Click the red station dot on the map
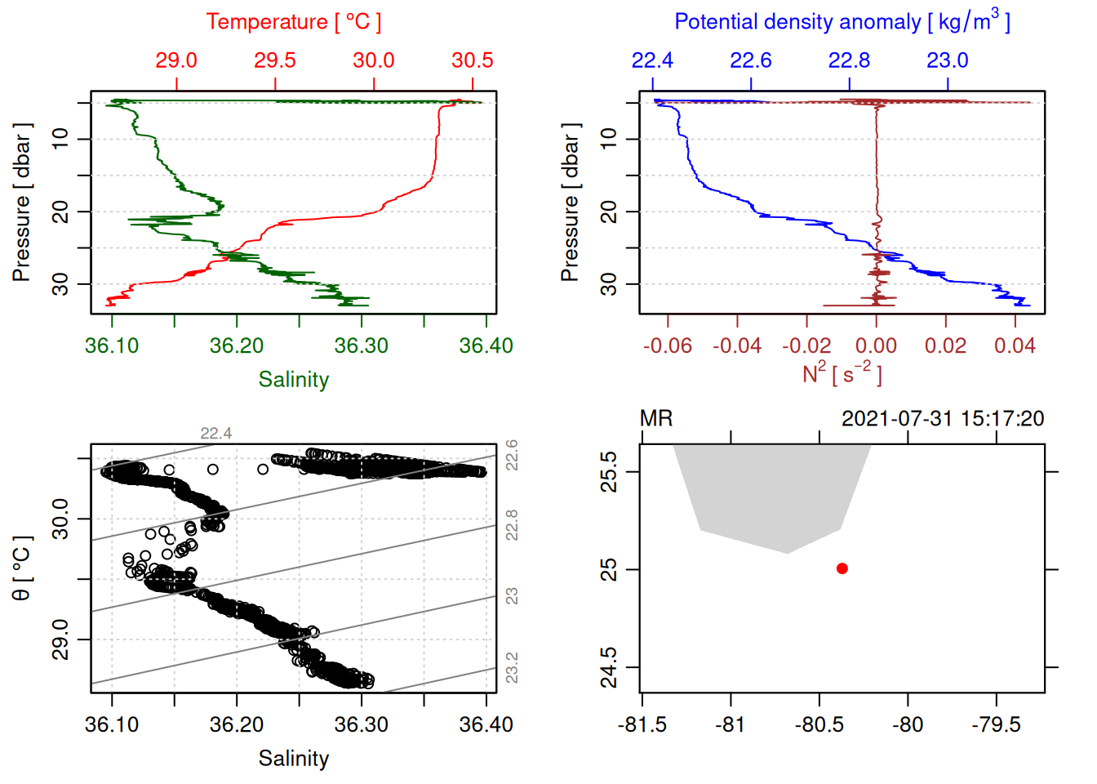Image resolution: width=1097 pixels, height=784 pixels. pos(842,568)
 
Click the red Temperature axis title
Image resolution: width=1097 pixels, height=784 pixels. pos(293,22)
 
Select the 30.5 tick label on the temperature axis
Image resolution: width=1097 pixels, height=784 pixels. pos(473,60)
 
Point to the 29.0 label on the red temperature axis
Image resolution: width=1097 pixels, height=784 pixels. pos(176,60)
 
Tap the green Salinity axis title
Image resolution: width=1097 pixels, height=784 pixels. pos(293,380)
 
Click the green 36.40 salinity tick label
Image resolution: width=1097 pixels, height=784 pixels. pos(486,345)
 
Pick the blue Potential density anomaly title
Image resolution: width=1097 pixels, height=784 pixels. pos(842,22)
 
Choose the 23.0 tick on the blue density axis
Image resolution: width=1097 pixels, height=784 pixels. pos(947,60)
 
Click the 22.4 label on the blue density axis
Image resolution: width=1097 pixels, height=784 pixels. pos(652,60)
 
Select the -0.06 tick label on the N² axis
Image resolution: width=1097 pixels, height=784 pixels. pos(667,345)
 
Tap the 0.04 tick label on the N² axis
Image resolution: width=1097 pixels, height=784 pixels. pos(1015,345)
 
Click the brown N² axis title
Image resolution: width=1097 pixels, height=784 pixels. pos(842,374)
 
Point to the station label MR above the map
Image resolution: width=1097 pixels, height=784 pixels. pos(656,419)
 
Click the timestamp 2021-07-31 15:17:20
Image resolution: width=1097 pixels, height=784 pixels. pos(943,419)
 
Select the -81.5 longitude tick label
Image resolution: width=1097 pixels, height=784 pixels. pos(642,724)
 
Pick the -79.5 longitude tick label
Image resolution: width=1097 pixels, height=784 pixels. pos(996,724)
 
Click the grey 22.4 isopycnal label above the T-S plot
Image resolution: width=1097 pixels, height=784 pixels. pos(216,434)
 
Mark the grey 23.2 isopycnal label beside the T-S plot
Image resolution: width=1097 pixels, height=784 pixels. pos(512,667)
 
